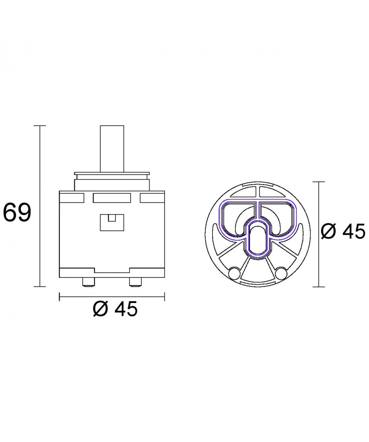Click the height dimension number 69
click(x=17, y=212)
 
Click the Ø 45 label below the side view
click(x=115, y=309)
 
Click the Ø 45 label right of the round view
click(x=343, y=232)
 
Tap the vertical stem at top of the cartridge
click(x=112, y=149)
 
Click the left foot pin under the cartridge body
click(x=88, y=282)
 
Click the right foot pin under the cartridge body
click(x=135, y=282)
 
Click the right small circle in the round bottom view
click(x=280, y=273)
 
